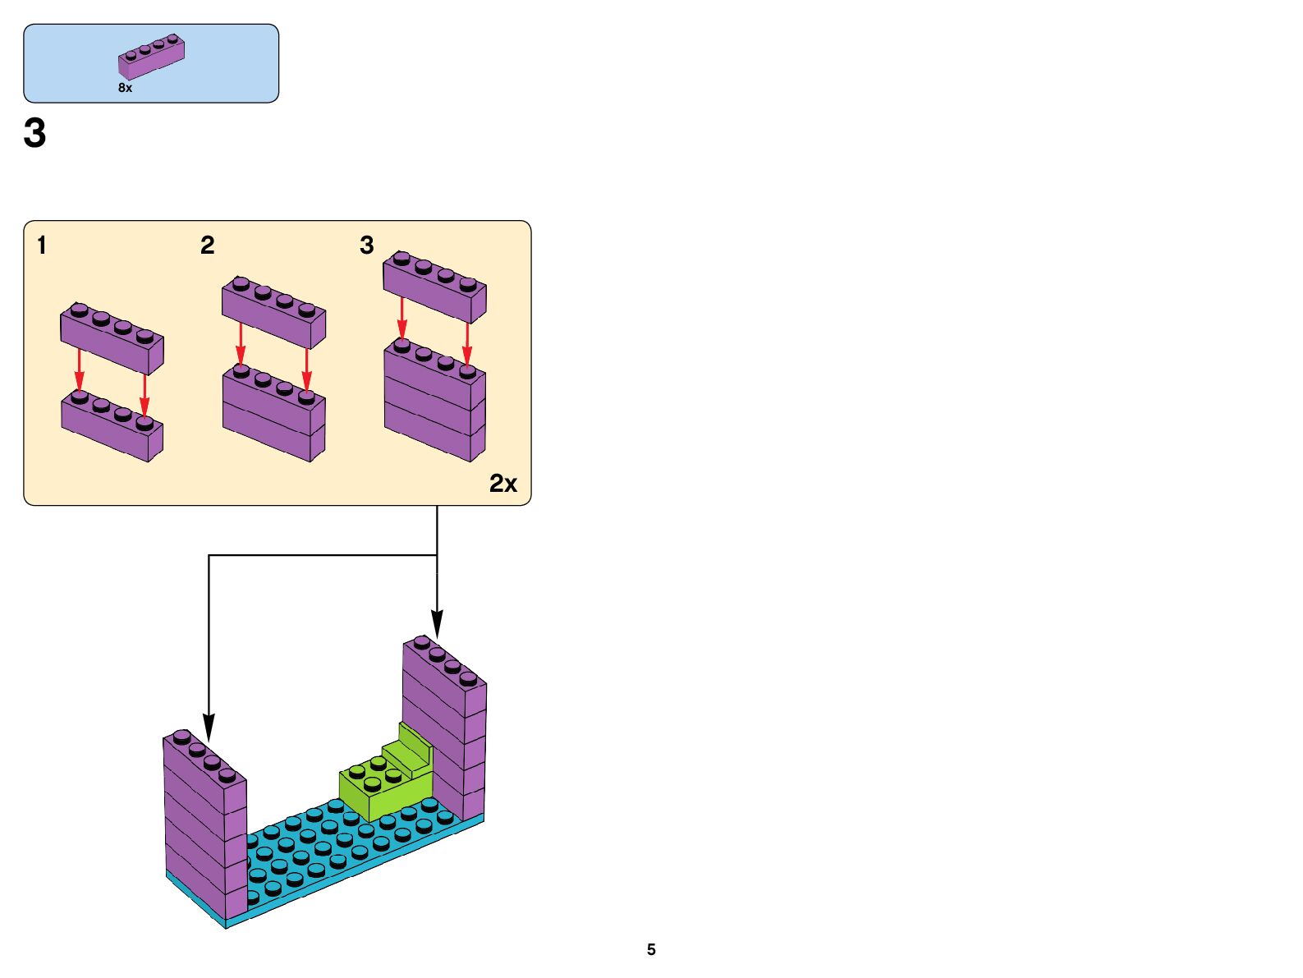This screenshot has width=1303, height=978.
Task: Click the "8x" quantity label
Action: click(125, 88)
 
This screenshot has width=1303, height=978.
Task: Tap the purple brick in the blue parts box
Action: click(151, 57)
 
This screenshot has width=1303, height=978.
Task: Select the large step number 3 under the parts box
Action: click(34, 133)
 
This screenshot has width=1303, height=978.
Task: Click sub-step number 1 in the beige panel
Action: click(42, 245)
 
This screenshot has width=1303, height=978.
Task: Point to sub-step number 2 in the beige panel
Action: click(207, 245)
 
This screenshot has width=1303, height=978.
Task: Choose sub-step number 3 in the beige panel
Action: click(366, 245)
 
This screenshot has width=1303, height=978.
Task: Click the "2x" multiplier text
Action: click(502, 484)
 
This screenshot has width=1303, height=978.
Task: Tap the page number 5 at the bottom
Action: click(651, 949)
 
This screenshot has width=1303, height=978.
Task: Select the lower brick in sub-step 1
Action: click(112, 427)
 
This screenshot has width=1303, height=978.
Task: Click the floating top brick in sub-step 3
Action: click(434, 287)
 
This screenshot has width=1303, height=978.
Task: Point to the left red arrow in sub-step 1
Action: click(79, 370)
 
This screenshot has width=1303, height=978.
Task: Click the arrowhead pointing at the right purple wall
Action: click(437, 624)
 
